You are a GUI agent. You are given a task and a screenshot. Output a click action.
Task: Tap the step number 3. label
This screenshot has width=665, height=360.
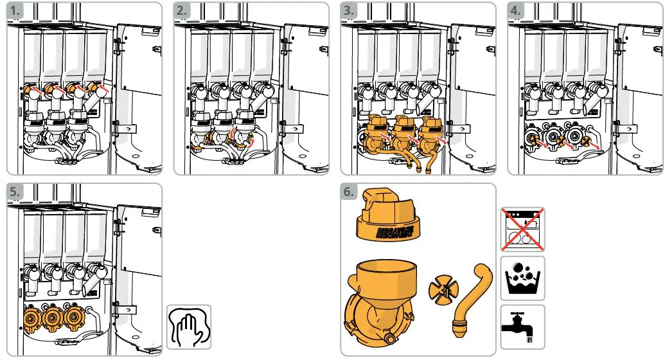point(352,11)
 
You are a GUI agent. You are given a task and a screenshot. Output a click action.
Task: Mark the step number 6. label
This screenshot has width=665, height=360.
point(352,192)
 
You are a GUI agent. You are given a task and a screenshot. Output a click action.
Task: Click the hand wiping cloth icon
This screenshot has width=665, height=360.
point(189,326)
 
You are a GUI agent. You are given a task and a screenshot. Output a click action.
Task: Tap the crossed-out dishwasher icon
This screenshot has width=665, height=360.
point(522,230)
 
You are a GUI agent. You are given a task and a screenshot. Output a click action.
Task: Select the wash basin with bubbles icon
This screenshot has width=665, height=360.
point(522,278)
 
